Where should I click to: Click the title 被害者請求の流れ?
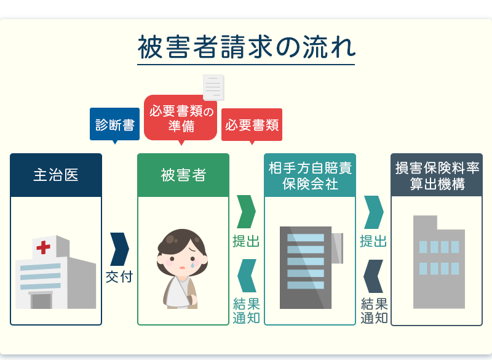[246, 49]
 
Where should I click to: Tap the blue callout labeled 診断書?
[114, 125]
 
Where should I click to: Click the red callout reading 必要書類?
[252, 125]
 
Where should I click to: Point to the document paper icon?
[214, 87]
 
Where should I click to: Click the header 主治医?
[56, 175]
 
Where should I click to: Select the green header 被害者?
[183, 175]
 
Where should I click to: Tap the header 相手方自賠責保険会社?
[310, 175]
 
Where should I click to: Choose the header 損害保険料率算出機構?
[437, 175]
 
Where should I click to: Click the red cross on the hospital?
[43, 247]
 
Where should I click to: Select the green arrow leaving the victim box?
[246, 212]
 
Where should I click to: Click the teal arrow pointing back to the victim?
[246, 276]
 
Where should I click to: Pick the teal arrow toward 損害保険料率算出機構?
[373, 212]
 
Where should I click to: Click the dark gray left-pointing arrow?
[373, 276]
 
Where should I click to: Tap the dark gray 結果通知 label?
[374, 311]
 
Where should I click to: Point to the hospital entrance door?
[41, 300]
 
